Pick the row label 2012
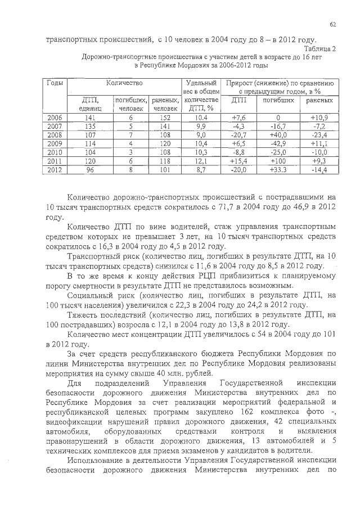(55, 169)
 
